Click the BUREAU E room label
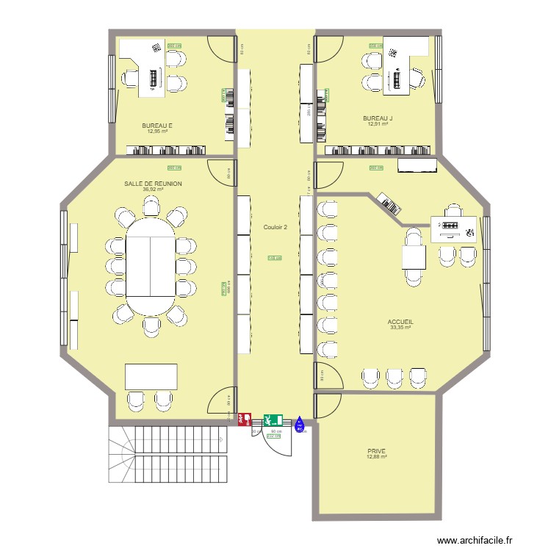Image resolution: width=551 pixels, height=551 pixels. pos(157,126)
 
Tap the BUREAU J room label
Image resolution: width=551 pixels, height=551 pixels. pos(378,118)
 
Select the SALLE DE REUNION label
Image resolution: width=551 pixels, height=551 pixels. pos(153,184)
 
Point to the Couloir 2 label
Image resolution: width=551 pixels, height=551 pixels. pos(275,227)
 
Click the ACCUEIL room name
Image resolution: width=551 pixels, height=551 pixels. pos(400,322)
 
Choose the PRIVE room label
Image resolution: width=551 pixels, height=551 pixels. pos(376,451)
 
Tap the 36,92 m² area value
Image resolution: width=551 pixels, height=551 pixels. pos(153,190)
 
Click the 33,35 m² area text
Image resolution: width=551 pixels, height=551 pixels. pos(400,328)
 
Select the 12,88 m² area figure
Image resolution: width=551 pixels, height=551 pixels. pos(376,457)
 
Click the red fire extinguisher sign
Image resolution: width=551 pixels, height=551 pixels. pos(244,419)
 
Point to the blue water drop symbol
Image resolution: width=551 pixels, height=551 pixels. pos(299,423)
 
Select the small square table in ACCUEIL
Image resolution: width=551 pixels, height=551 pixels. pos(414,257)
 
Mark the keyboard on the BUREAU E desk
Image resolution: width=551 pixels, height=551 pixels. pos(154,76)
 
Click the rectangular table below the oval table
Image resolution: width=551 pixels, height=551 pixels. pos(151,376)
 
